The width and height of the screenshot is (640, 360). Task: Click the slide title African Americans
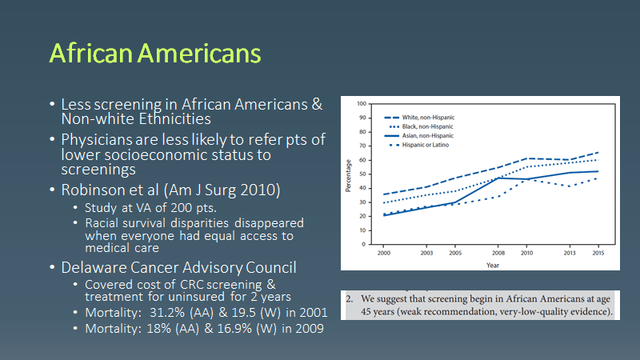point(154,53)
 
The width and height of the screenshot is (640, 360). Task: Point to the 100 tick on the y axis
point(362,104)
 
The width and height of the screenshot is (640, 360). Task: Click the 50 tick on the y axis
point(364,174)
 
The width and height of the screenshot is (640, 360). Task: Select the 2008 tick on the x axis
point(497,251)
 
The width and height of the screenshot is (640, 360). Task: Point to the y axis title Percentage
point(349,174)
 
